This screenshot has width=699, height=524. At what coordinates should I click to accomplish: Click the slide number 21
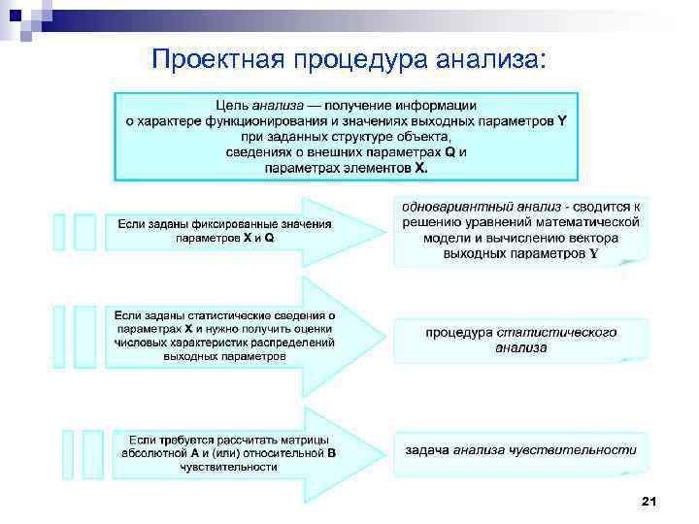649,501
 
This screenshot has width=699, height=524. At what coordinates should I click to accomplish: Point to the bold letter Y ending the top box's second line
564,121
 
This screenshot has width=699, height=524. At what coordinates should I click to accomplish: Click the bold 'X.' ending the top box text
420,167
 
